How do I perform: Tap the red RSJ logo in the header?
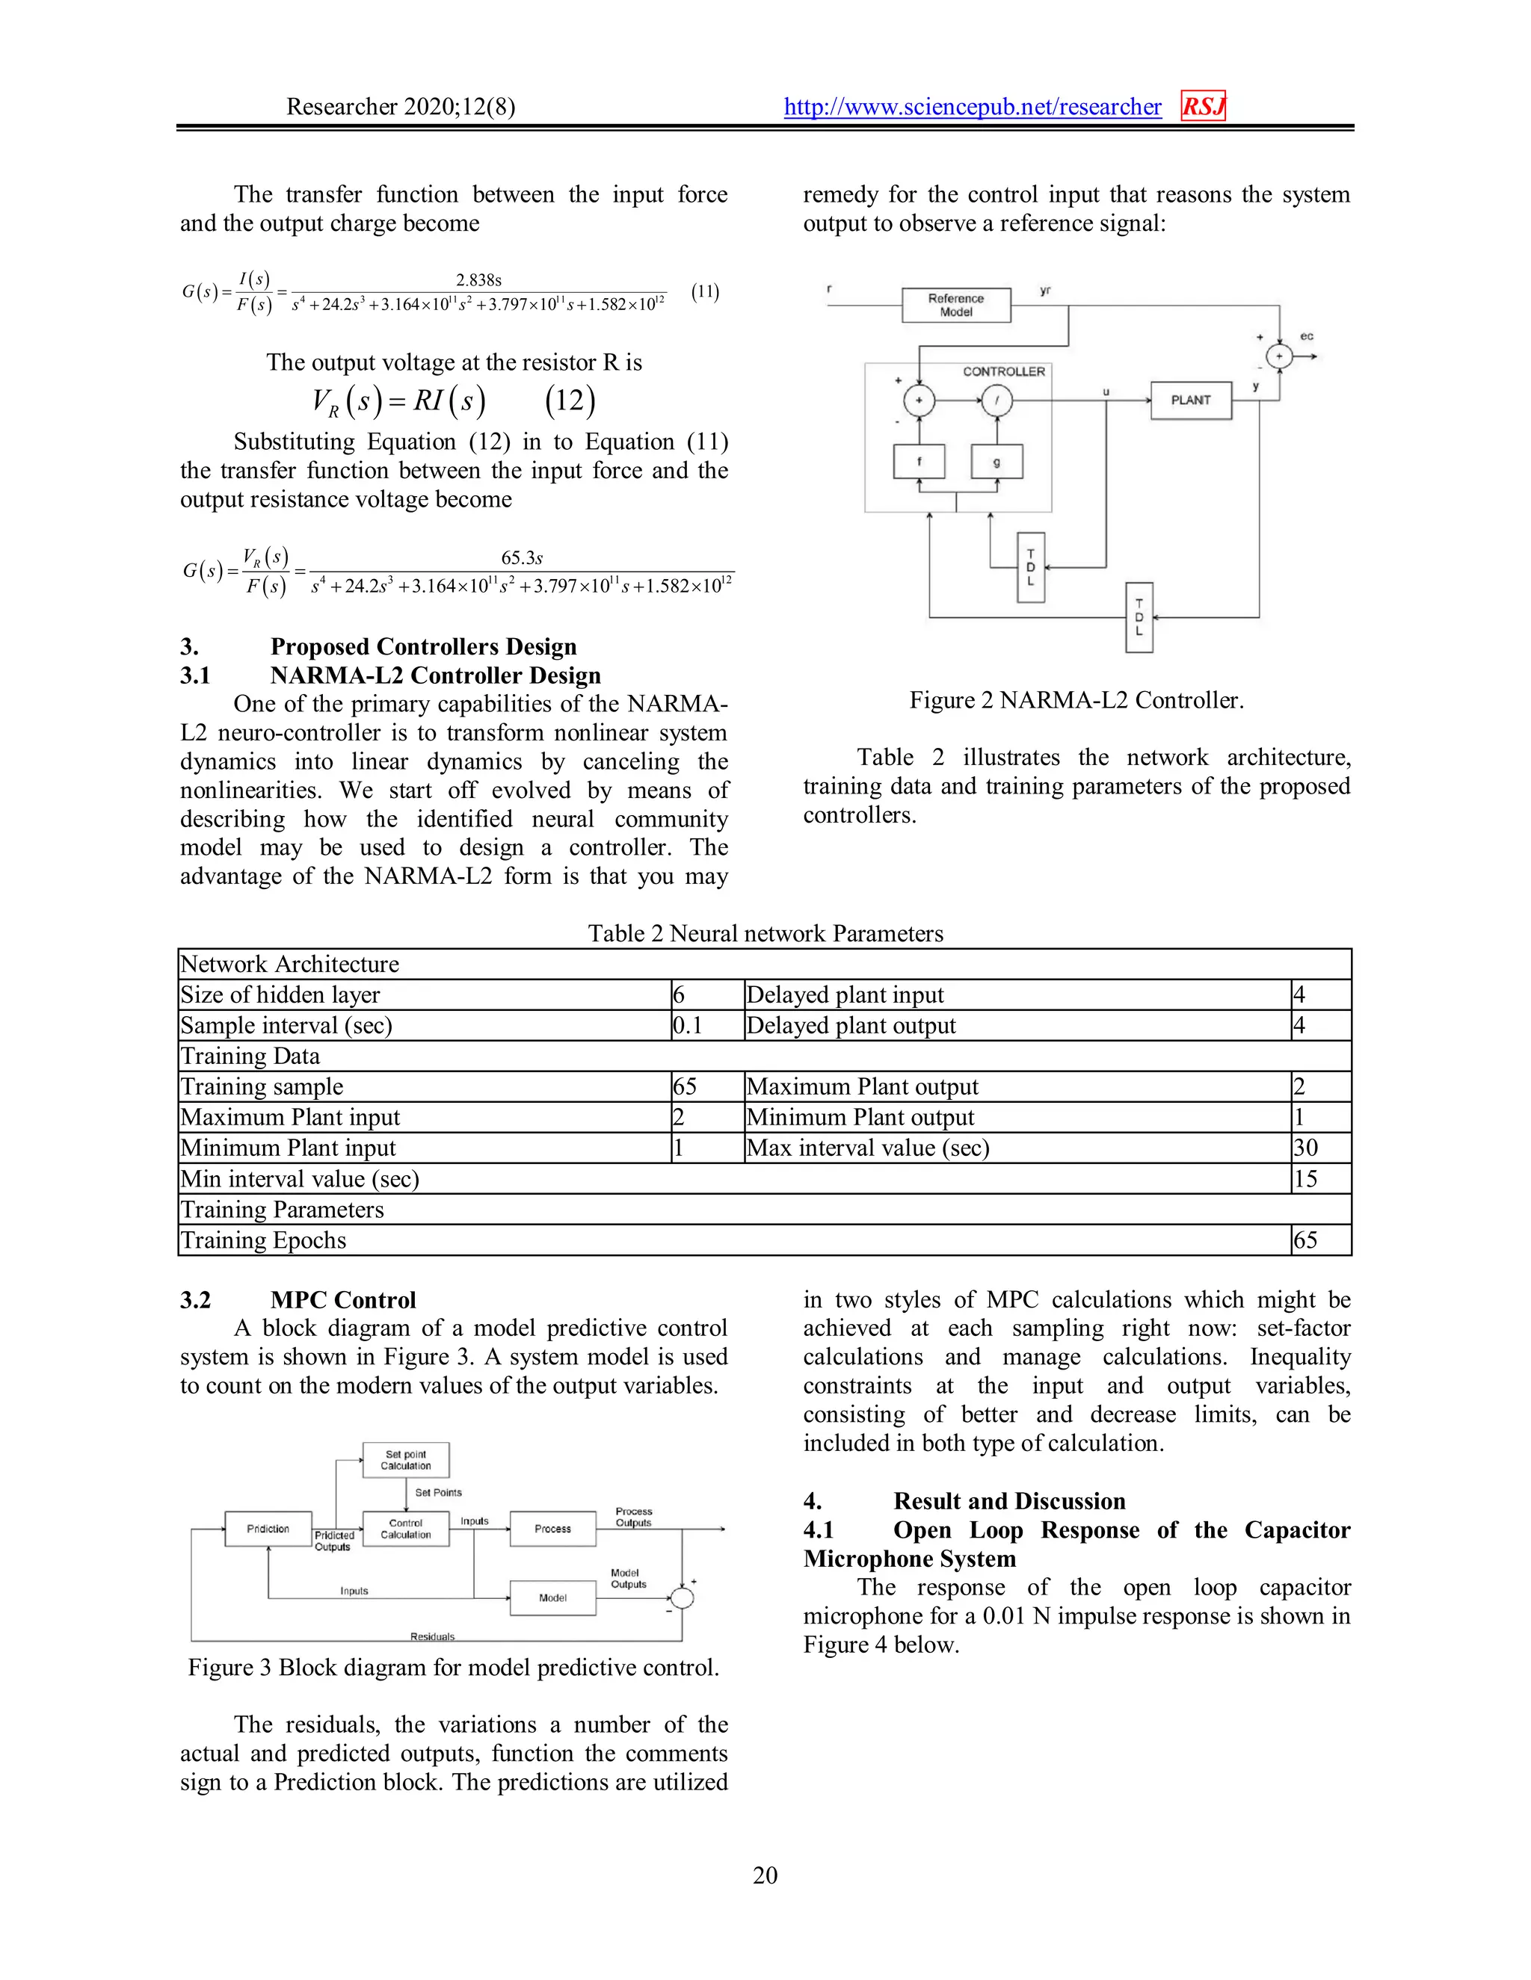coord(1203,107)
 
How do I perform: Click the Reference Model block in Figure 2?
coord(955,305)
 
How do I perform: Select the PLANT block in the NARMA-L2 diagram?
coord(1190,400)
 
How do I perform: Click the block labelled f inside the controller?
coord(919,462)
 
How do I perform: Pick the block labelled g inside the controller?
coord(996,462)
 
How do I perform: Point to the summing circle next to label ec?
coord(1279,356)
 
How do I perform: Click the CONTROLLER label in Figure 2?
coord(1003,371)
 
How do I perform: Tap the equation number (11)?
coord(705,292)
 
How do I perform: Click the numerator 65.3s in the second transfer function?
coord(522,557)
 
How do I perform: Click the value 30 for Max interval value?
coord(1305,1148)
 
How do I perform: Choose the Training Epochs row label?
coord(263,1240)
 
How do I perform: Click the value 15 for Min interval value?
coord(1305,1178)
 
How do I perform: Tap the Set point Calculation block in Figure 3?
coord(405,1460)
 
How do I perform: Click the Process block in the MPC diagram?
coord(552,1529)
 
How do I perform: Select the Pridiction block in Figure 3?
coord(268,1529)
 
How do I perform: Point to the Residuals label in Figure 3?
coord(433,1636)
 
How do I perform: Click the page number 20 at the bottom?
coord(765,1875)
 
